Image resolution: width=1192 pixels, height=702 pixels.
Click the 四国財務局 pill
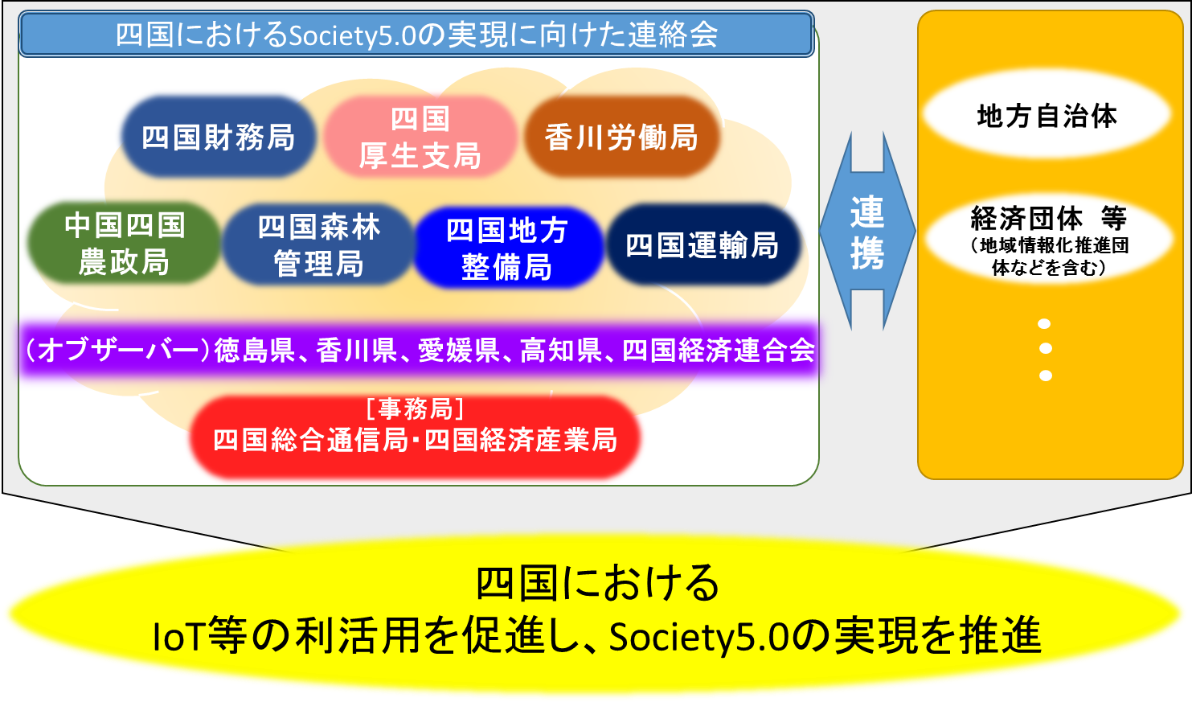[218, 137]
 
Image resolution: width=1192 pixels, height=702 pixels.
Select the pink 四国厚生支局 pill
[420, 137]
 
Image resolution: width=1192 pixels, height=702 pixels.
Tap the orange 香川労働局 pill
[621, 137]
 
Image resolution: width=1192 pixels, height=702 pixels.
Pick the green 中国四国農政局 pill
[124, 243]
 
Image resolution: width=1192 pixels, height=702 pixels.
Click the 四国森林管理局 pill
[319, 244]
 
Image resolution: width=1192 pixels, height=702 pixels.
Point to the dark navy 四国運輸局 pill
[703, 244]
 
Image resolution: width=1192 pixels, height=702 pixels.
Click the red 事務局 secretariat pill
[415, 437]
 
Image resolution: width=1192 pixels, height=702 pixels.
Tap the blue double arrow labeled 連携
[867, 231]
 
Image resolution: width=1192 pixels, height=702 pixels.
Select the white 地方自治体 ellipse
[1047, 114]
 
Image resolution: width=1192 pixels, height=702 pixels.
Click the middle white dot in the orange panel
[1045, 349]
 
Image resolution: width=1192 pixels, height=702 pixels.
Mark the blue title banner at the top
[416, 34]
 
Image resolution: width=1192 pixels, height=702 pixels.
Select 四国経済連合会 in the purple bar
[719, 351]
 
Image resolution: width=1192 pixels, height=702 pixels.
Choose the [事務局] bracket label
[415, 409]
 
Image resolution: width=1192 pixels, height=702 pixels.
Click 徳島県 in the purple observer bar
[255, 351]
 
